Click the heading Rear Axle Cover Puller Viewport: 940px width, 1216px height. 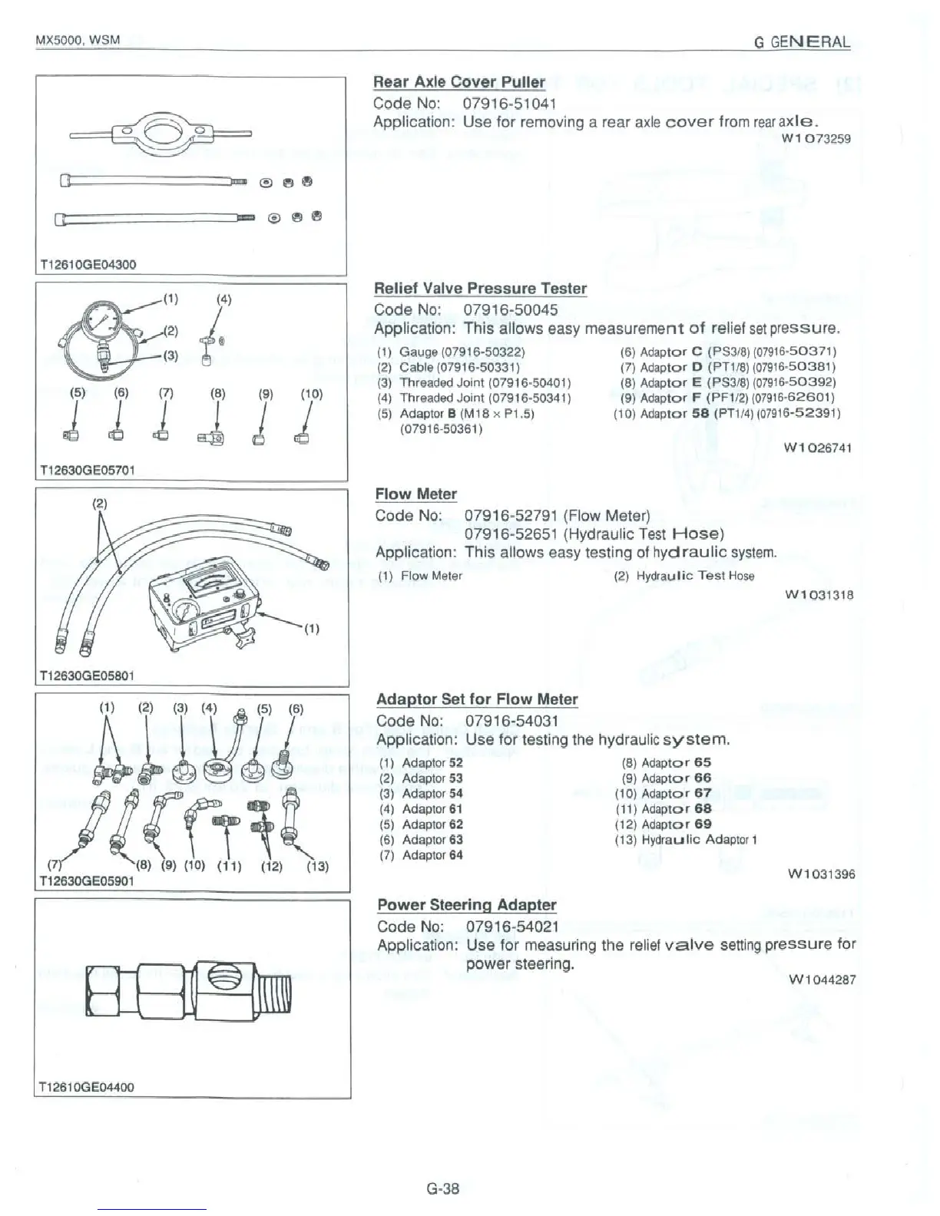pyautogui.click(x=458, y=82)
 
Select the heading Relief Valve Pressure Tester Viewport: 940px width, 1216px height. pyautogui.click(x=480, y=289)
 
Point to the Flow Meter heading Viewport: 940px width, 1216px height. pyautogui.click(x=415, y=494)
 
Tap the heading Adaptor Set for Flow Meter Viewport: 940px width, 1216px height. pyautogui.click(x=476, y=699)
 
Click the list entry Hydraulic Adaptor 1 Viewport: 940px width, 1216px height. pyautogui.click(x=686, y=840)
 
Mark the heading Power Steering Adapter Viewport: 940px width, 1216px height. pyautogui.click(x=466, y=905)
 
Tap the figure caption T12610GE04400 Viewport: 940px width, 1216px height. pyautogui.click(x=85, y=1087)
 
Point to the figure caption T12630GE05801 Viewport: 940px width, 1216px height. pyautogui.click(x=85, y=676)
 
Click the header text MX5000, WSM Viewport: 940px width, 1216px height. pyautogui.click(x=78, y=39)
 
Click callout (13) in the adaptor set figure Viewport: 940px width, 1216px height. pyautogui.click(x=317, y=867)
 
